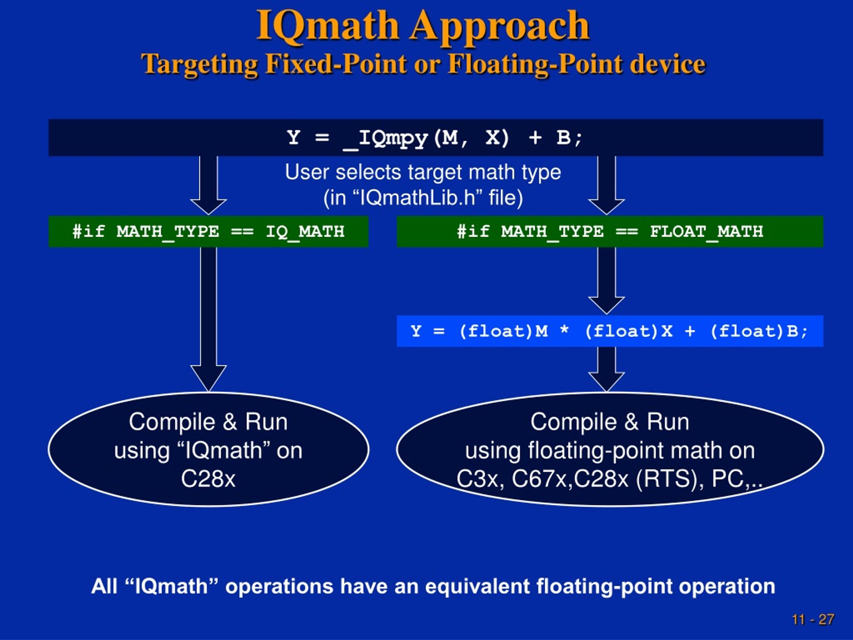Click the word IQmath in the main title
click(x=328, y=26)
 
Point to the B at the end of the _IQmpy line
click(x=563, y=138)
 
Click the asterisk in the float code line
click(x=564, y=330)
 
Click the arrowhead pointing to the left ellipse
click(x=209, y=378)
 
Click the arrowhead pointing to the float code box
click(x=606, y=306)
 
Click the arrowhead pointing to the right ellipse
click(x=606, y=382)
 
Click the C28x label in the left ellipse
click(x=208, y=479)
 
